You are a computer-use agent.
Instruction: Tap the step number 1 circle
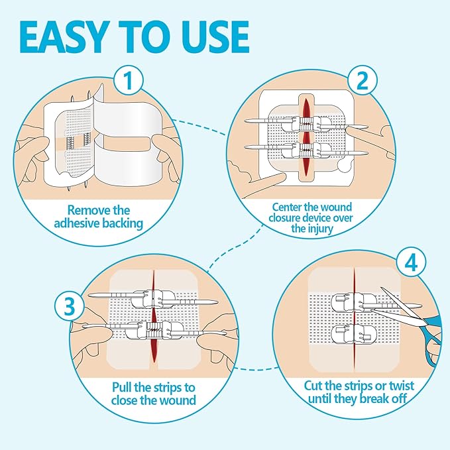click(x=131, y=82)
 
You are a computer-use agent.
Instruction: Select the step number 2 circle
click(x=363, y=81)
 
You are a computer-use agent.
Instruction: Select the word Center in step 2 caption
click(x=284, y=205)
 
